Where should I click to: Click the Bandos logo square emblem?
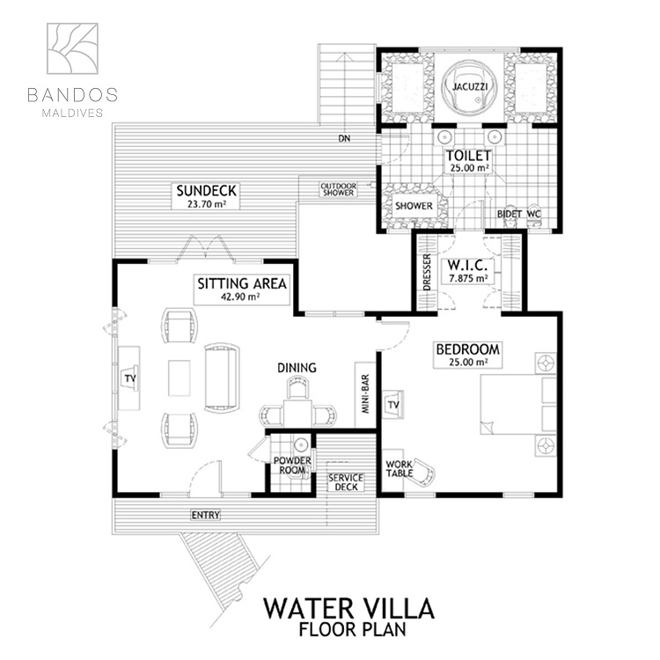72,48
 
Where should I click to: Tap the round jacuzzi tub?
469,88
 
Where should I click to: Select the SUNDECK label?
206,191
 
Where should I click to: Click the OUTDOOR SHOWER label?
338,189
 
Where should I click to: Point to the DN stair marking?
344,138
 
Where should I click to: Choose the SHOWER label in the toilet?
414,206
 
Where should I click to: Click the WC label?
533,214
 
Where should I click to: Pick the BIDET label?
510,214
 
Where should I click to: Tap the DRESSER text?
427,272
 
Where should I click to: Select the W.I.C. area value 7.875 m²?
468,278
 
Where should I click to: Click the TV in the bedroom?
393,405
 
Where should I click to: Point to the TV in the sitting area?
129,378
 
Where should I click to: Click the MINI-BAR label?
365,394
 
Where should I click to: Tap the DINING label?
297,368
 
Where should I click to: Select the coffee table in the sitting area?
180,378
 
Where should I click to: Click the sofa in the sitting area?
222,378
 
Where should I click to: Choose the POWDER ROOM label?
292,466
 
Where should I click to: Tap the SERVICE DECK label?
346,482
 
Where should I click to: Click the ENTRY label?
205,515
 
